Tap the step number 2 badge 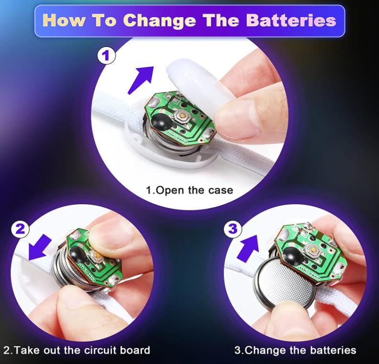tap(20, 229)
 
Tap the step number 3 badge tap(233, 229)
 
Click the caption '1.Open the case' tap(189, 190)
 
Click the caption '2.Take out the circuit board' tap(77, 350)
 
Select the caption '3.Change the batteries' tap(295, 350)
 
